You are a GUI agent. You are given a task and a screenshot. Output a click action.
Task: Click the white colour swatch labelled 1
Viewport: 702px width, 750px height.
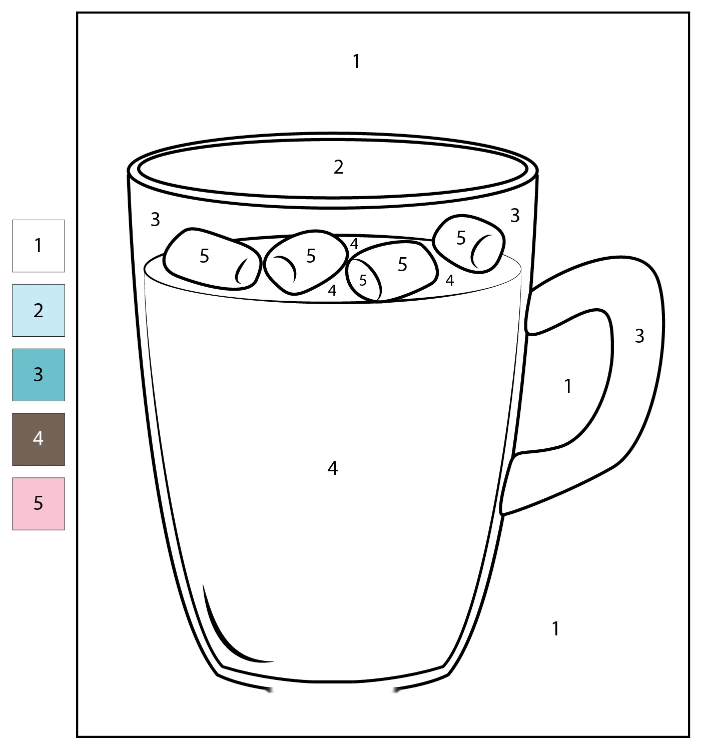tap(39, 246)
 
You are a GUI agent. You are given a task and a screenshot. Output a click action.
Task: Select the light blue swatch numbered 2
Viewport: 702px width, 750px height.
tap(39, 310)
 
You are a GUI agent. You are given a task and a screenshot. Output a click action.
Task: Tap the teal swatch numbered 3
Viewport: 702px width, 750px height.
tap(39, 375)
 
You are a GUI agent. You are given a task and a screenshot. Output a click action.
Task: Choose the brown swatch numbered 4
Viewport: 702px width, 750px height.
tap(39, 440)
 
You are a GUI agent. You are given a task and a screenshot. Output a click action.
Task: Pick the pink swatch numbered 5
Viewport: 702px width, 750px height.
tap(39, 504)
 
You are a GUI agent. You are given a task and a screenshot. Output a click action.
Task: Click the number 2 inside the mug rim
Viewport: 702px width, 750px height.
tap(339, 167)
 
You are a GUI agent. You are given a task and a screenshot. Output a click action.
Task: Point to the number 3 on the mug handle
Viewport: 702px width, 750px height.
tap(639, 336)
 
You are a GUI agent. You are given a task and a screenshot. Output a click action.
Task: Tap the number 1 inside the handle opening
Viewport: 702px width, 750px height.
tap(568, 386)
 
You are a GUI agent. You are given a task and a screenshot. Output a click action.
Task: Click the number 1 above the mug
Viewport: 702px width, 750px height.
tap(356, 62)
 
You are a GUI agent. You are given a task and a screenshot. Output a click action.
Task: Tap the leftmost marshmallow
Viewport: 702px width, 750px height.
tap(212, 259)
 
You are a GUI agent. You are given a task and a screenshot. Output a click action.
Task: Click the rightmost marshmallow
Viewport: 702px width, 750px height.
tap(469, 244)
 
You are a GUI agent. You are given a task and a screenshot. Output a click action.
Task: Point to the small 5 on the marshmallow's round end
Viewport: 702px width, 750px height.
tap(363, 280)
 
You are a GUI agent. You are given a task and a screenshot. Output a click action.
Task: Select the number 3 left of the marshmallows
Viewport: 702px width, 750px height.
tap(155, 220)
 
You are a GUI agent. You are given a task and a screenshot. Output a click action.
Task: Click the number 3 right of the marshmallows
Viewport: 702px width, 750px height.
tap(515, 216)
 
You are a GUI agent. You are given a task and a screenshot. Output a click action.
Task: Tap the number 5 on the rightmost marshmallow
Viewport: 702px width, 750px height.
tap(461, 238)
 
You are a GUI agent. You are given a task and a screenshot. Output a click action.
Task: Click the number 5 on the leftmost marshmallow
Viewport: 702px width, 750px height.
tap(205, 256)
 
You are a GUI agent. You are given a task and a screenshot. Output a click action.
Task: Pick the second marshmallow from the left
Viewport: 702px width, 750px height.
tap(305, 262)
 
